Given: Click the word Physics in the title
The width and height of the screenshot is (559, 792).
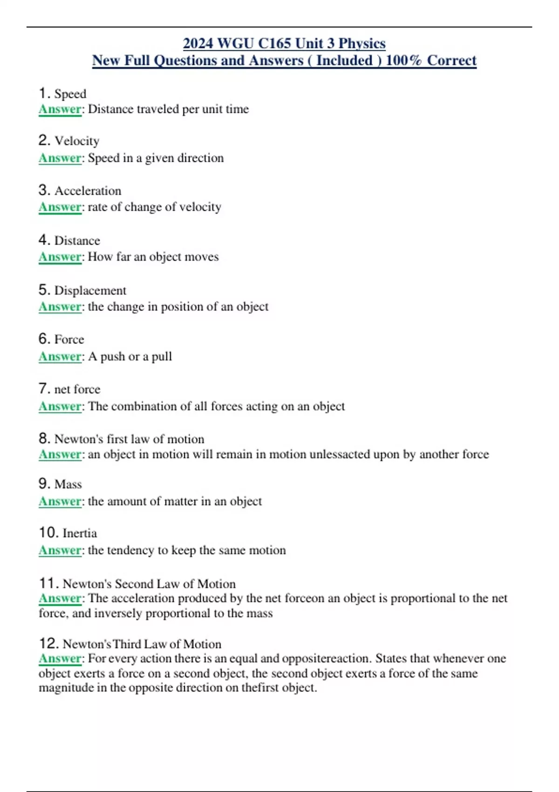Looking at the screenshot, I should [362, 43].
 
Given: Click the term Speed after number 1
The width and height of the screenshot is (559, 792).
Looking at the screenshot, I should [70, 94].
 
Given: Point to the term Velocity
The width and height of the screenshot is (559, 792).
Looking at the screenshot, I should [77, 141].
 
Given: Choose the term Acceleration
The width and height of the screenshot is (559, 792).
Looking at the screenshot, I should [88, 191].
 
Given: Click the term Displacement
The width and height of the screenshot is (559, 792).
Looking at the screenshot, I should [90, 290].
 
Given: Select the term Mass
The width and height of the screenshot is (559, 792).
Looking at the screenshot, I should [68, 484].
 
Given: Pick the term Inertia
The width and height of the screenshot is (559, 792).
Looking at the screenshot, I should [80, 533].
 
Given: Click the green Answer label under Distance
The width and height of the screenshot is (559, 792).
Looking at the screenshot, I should [60, 257].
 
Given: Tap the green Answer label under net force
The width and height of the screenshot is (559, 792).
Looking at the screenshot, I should [60, 406].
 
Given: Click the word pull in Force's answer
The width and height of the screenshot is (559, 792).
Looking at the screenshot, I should [162, 356].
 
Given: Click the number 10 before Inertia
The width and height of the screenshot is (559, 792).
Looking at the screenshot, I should [48, 533].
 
